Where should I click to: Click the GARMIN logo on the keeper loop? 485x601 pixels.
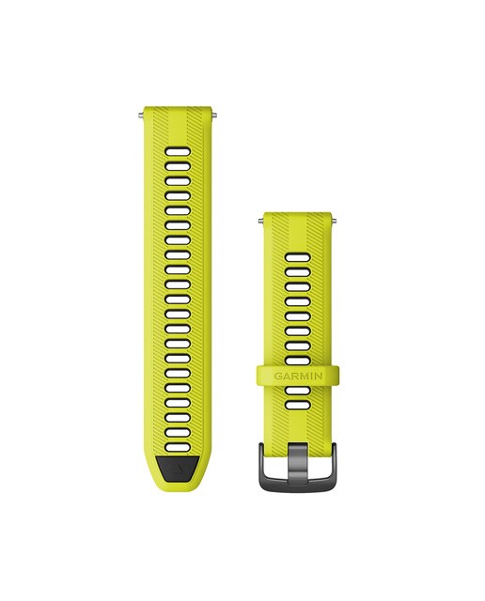298,376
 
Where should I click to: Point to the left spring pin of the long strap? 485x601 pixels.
140,114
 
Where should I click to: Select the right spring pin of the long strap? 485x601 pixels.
215,114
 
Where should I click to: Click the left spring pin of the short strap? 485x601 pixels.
260,221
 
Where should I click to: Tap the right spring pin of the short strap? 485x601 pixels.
335,221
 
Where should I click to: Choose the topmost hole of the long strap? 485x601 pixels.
178,151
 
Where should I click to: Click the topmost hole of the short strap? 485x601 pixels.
298,257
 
